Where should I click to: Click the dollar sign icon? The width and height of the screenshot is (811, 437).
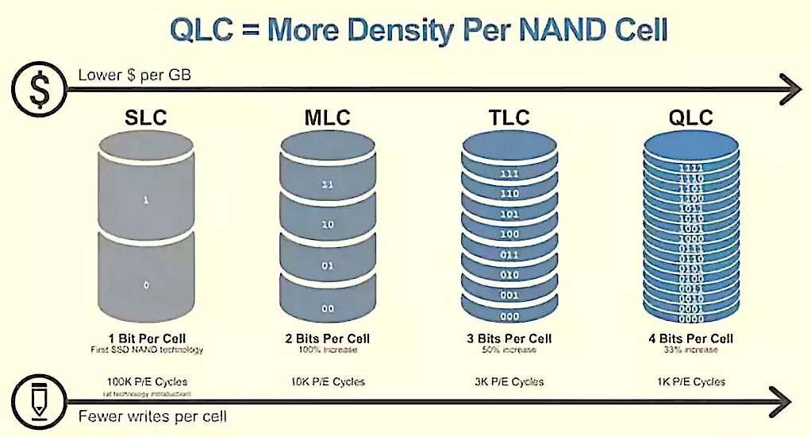(x=38, y=89)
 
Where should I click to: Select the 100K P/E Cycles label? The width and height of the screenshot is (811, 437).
(x=146, y=381)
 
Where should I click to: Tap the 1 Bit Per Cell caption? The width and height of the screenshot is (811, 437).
(x=146, y=338)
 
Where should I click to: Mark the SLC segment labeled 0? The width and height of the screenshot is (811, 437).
(x=146, y=283)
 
